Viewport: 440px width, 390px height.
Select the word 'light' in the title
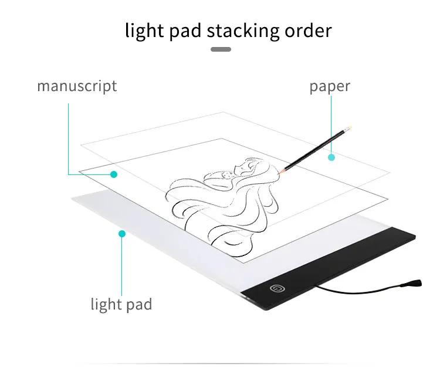pos(143,31)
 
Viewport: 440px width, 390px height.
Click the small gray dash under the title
pos(220,49)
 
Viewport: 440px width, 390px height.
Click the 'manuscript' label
pos(77,86)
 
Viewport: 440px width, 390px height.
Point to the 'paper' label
pos(330,86)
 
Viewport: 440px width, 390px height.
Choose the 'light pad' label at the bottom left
pos(121,304)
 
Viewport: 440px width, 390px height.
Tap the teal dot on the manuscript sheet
pos(114,174)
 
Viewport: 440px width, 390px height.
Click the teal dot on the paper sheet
pos(331,157)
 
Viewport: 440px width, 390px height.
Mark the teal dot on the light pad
pos(122,234)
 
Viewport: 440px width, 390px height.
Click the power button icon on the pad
pos(275,288)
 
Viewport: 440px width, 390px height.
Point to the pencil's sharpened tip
pos(282,170)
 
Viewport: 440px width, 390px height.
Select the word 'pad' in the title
pos(185,31)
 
